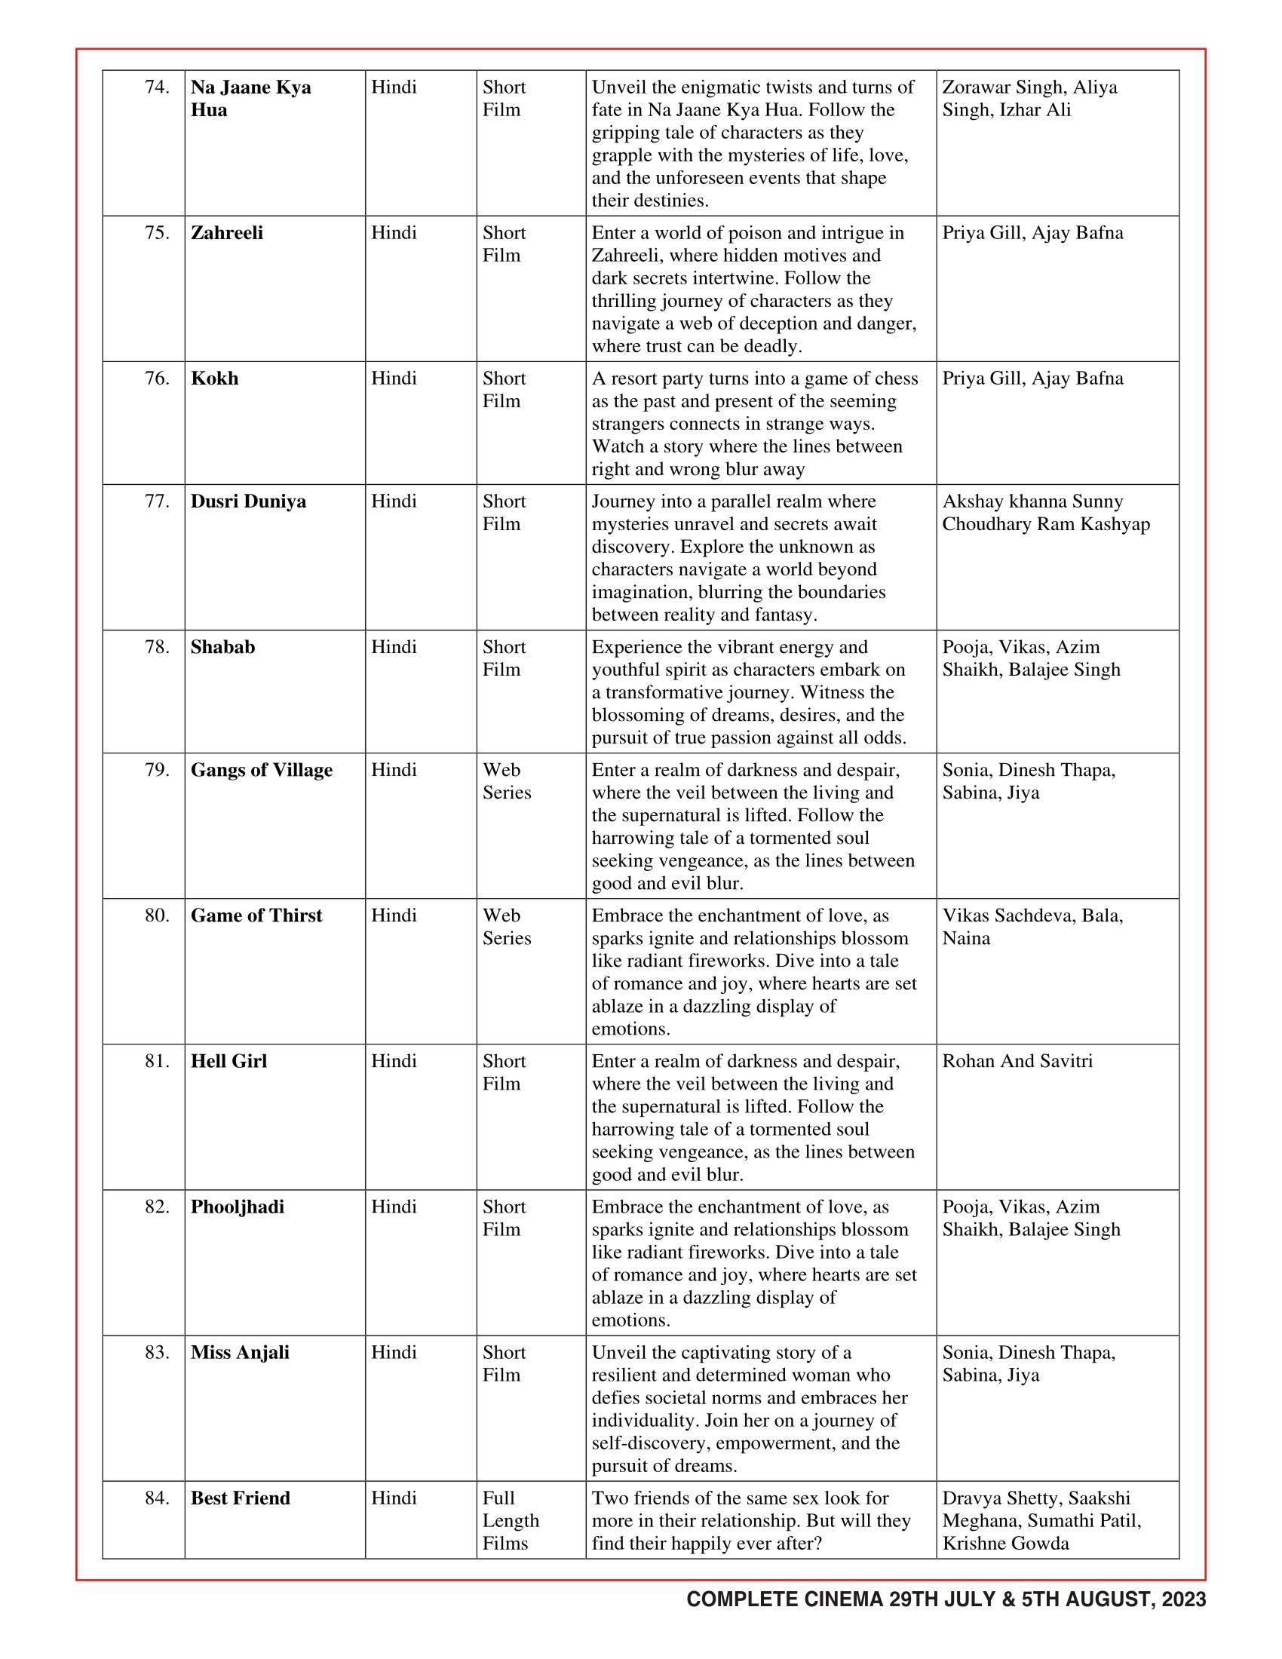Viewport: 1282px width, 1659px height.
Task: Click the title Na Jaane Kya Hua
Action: [x=250, y=99]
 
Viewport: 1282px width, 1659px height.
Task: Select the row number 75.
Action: [x=157, y=233]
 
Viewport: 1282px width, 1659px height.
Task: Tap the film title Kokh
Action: [x=214, y=379]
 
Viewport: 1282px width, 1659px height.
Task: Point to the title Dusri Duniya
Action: [x=248, y=502]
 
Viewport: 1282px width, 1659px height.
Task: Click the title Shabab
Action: [x=222, y=647]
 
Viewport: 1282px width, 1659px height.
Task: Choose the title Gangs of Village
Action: [x=261, y=770]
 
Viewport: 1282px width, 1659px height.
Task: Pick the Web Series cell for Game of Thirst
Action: [x=507, y=927]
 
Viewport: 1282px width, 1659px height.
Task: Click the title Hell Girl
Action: [x=228, y=1062]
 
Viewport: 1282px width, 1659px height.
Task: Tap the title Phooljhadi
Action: [x=237, y=1207]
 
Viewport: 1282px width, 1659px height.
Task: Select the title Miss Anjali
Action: [x=240, y=1353]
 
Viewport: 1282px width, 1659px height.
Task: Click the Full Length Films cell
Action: [x=511, y=1521]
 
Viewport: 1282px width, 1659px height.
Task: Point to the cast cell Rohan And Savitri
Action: [x=1017, y=1062]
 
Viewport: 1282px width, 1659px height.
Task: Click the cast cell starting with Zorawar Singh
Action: [x=1029, y=99]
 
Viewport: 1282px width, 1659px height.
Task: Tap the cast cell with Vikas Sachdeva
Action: [x=1032, y=927]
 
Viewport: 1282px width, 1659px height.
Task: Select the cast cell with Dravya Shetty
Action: [x=1041, y=1521]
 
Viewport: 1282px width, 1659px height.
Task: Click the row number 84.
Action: [x=157, y=1498]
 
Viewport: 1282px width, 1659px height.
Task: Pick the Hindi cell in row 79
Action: [x=394, y=770]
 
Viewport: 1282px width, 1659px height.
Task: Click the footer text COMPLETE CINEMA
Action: [x=785, y=1600]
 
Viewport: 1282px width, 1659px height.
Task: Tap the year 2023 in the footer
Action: [x=1183, y=1600]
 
